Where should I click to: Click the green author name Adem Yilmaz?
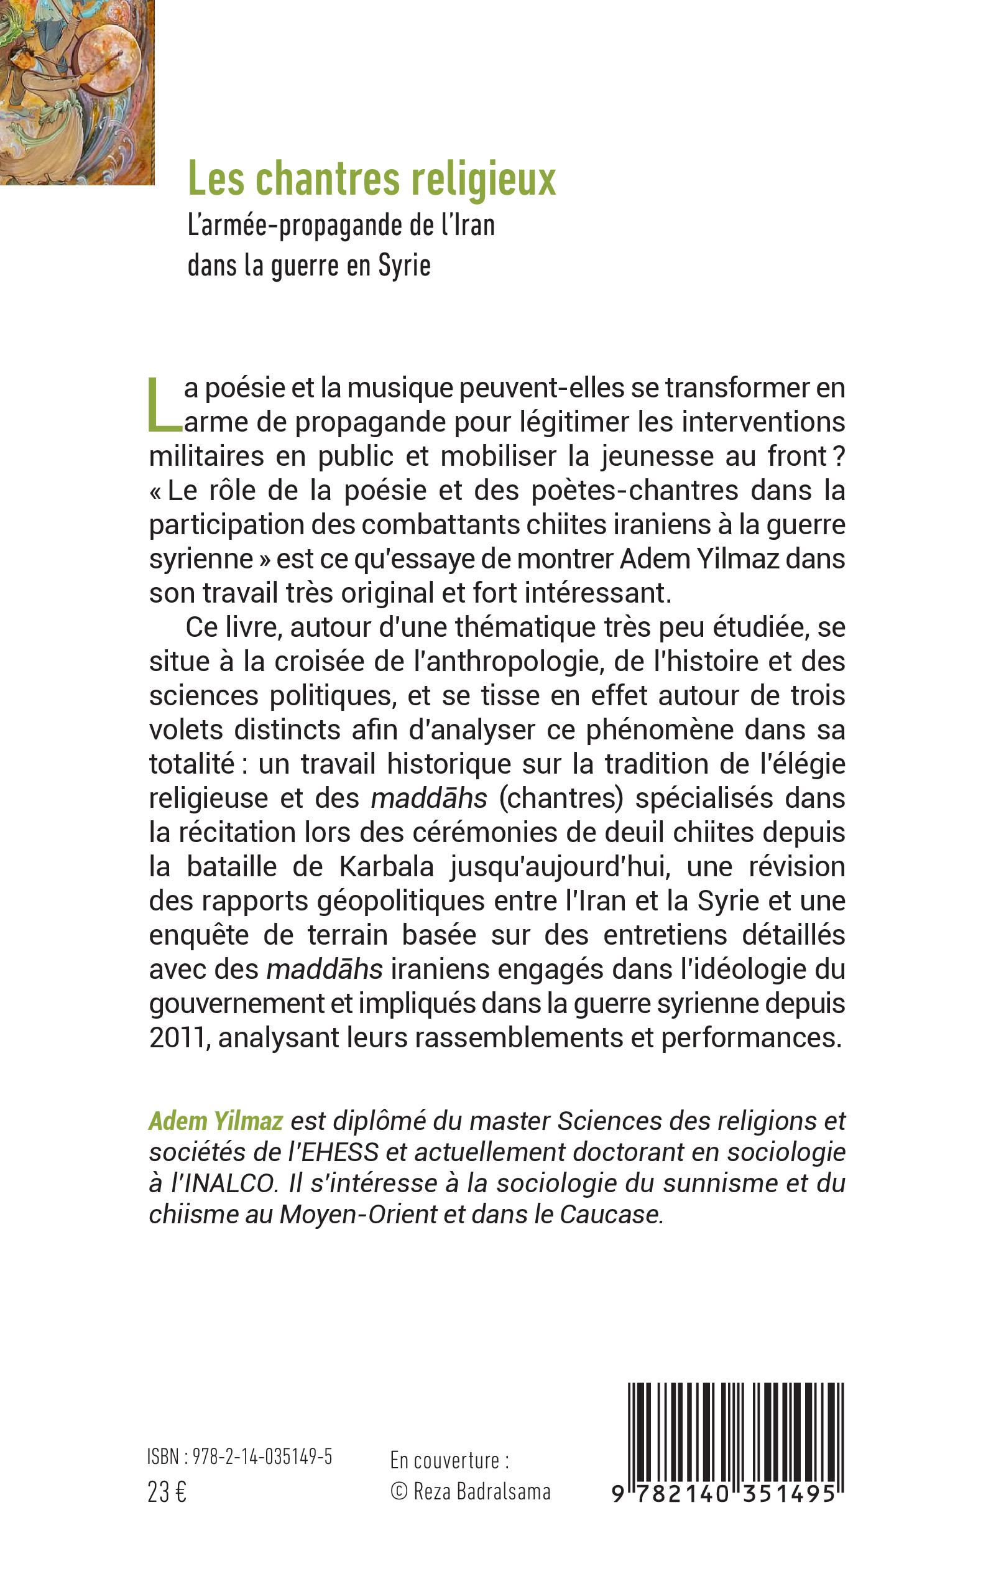216,1121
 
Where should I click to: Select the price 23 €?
167,1493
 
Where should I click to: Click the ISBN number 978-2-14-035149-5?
262,1457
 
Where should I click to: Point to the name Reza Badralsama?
482,1493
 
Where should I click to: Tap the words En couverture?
449,1461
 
